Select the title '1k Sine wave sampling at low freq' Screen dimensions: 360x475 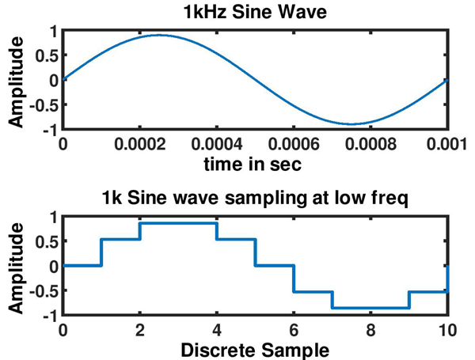[254, 200]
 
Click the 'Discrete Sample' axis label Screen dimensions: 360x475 [254, 350]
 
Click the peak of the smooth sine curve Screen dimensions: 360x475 [159, 35]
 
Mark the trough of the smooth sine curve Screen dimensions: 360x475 [351, 124]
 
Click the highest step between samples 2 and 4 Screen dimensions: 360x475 [178, 223]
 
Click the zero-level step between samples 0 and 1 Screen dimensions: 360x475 [82, 266]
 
